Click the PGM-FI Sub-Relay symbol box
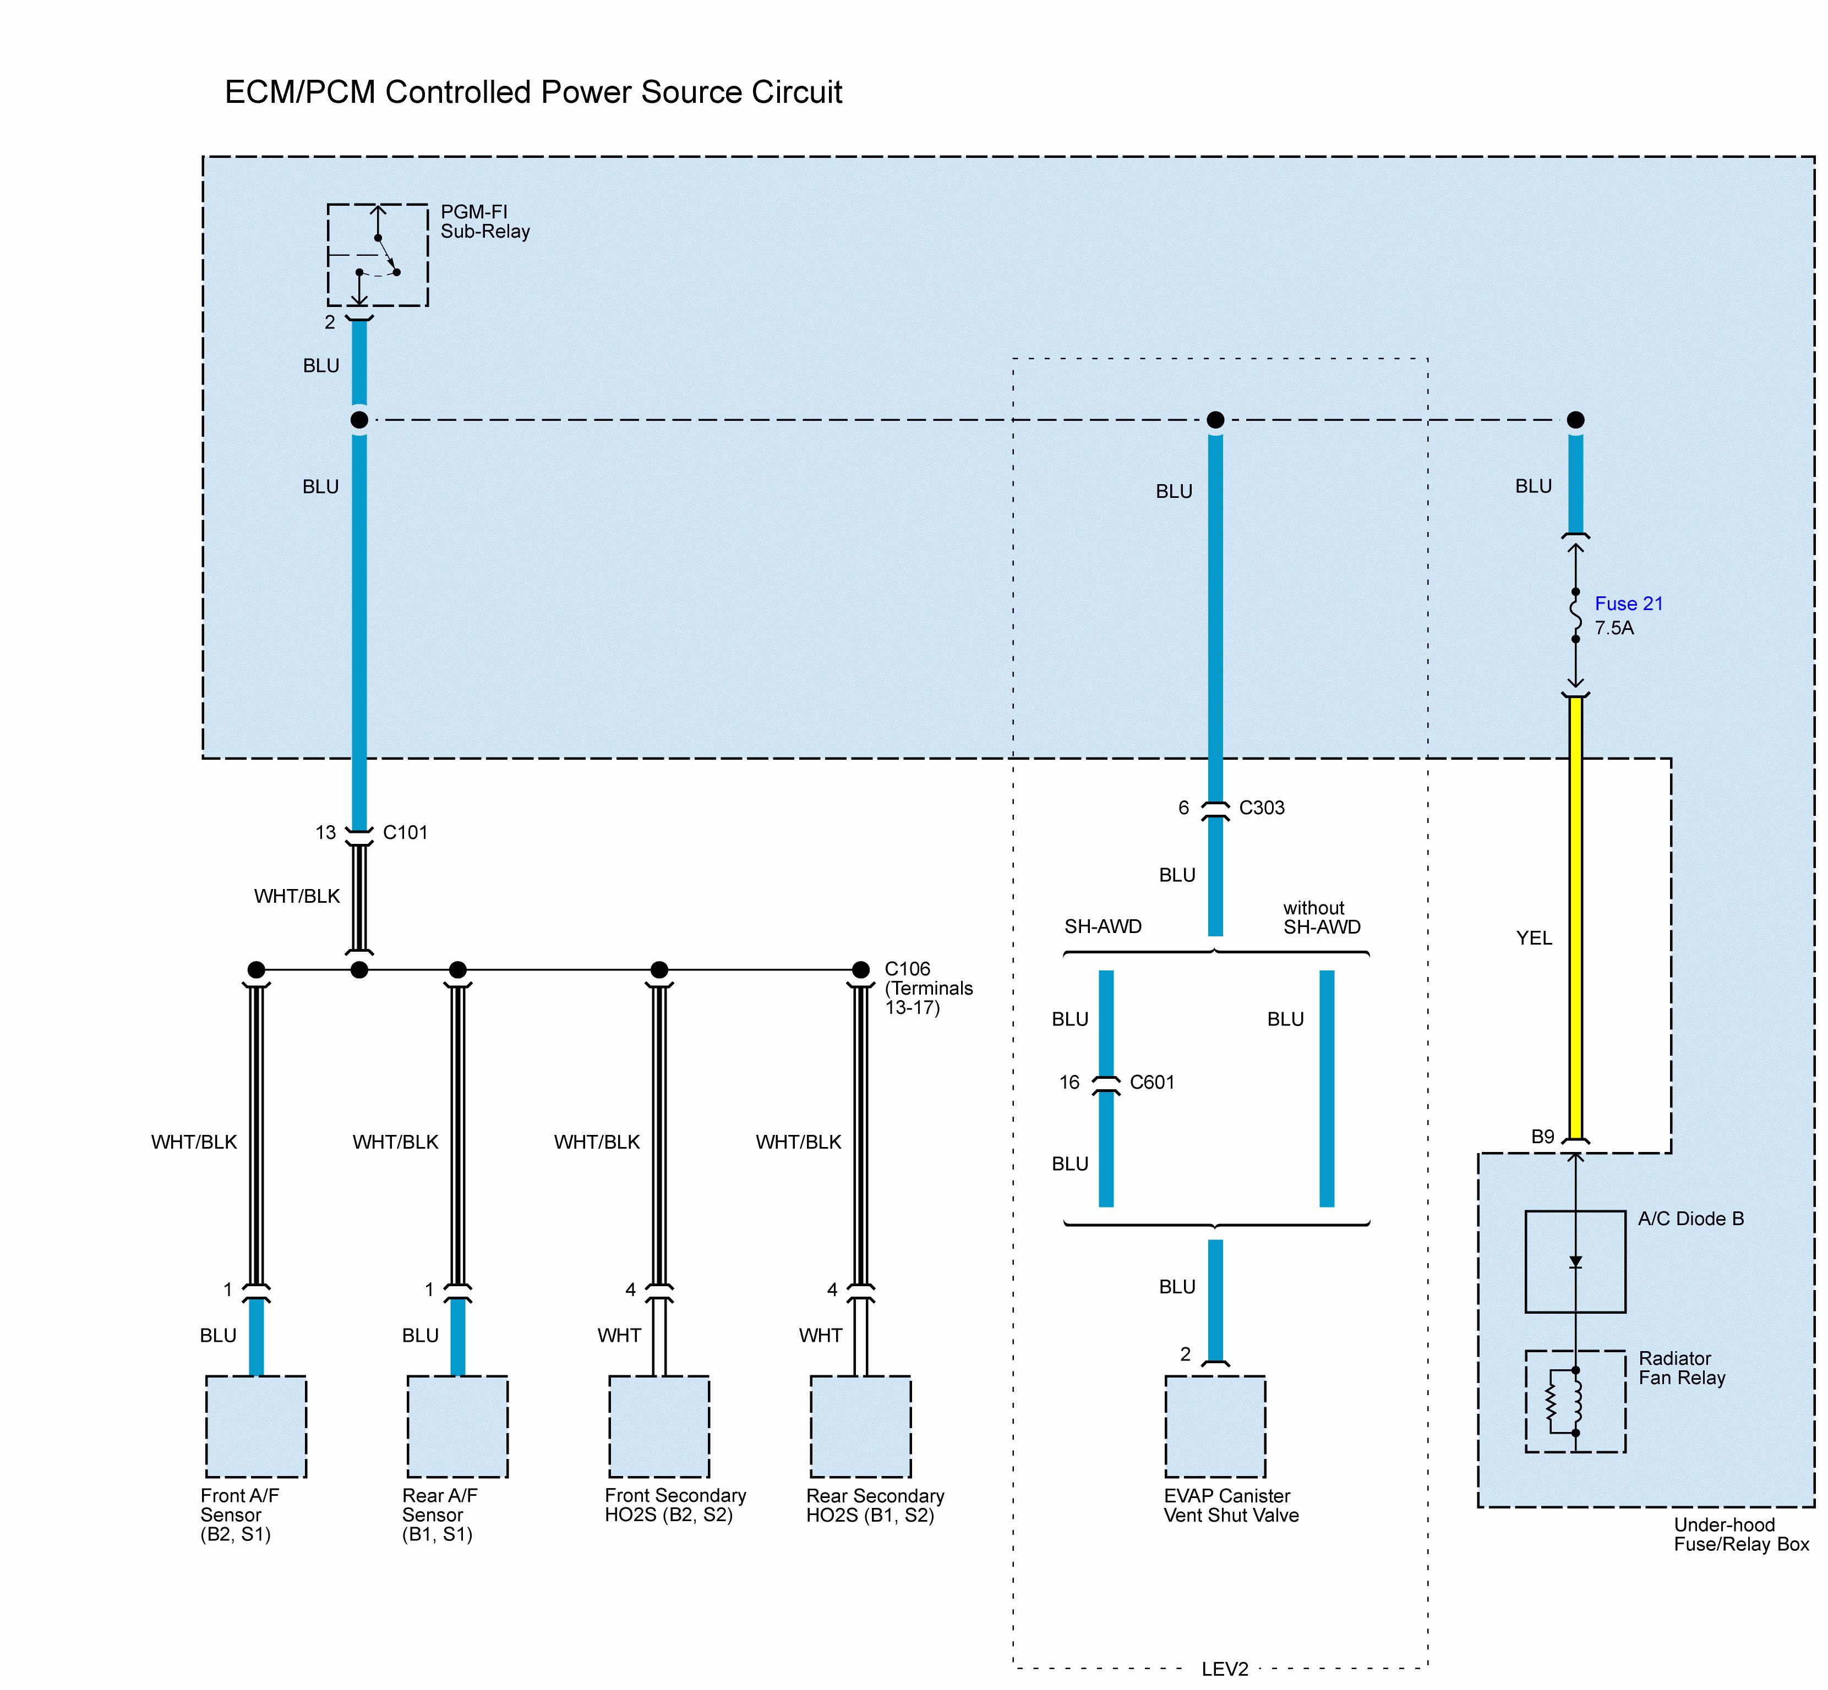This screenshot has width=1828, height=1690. pyautogui.click(x=377, y=254)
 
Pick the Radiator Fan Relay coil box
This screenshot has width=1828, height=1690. pyautogui.click(x=1575, y=1401)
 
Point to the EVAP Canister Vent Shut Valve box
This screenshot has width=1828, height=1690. pyautogui.click(x=1215, y=1426)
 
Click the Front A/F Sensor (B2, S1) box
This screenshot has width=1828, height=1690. pyautogui.click(x=255, y=1426)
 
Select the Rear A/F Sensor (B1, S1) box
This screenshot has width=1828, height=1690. pyautogui.click(x=457, y=1426)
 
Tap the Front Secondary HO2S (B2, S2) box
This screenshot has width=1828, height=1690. pyautogui.click(x=659, y=1426)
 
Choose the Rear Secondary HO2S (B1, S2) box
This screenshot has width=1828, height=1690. pyautogui.click(x=860, y=1426)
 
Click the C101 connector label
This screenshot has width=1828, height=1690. pyautogui.click(x=405, y=832)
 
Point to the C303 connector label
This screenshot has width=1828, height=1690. pyautogui.click(x=1262, y=808)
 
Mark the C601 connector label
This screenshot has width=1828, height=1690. pyautogui.click(x=1152, y=1082)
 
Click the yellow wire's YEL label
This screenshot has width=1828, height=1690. pyautogui.click(x=1534, y=937)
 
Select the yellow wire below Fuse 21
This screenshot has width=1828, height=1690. pyautogui.click(x=1575, y=914)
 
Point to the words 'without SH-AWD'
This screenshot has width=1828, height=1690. pyautogui.click(x=1321, y=917)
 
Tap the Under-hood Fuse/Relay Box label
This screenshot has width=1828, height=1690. pyautogui.click(x=1740, y=1534)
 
